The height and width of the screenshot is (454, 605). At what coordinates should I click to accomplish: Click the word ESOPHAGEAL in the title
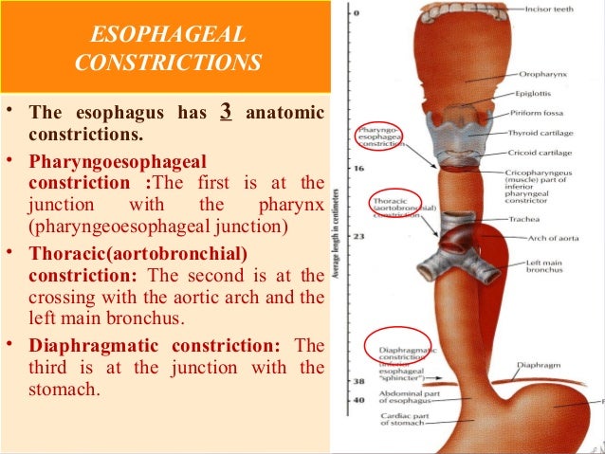(166, 37)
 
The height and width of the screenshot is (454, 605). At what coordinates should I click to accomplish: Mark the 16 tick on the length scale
(357, 168)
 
